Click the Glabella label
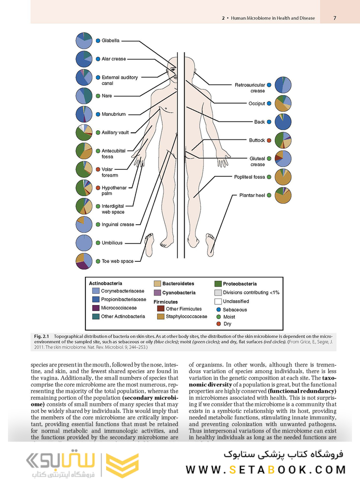(x=111, y=41)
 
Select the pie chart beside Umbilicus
(x=84, y=243)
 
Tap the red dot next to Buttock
(x=269, y=140)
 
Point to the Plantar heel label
(x=252, y=195)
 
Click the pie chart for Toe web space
(x=84, y=261)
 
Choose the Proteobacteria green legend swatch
(x=218, y=284)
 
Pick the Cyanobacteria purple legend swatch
(x=157, y=293)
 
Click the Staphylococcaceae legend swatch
(x=161, y=317)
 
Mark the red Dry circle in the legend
(x=218, y=324)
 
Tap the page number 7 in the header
(x=335, y=18)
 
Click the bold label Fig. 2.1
(x=43, y=336)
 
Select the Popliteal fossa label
(x=249, y=177)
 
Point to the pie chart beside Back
(x=283, y=122)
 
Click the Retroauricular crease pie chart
(x=283, y=85)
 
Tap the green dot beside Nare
(x=97, y=96)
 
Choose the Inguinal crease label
(x=118, y=224)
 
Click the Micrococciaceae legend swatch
(x=96, y=308)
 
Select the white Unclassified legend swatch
(x=218, y=301)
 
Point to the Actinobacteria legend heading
(x=105, y=283)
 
